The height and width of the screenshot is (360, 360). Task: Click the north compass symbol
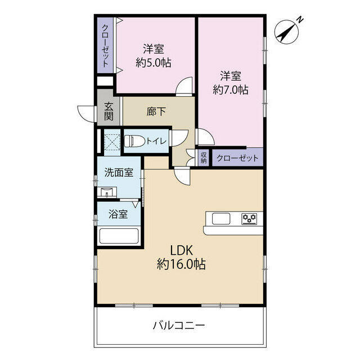tap(287, 31)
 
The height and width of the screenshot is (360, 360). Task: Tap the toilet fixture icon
tap(134, 141)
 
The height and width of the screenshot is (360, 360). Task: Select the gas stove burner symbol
tap(249, 218)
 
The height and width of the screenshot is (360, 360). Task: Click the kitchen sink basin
tap(221, 218)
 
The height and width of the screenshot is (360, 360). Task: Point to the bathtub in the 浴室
tap(119, 236)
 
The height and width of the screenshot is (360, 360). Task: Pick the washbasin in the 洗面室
tap(107, 192)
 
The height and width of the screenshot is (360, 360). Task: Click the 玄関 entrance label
tap(109, 111)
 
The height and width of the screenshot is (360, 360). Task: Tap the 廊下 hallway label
tap(156, 111)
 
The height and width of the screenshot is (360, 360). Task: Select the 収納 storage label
tap(204, 157)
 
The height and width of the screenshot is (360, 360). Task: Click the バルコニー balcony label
tap(179, 326)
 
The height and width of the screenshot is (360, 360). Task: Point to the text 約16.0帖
tap(181, 264)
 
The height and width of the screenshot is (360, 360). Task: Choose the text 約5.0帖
tap(154, 62)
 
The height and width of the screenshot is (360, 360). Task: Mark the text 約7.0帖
tap(231, 89)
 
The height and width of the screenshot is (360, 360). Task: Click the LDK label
tap(181, 250)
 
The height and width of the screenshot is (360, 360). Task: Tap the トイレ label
tap(156, 141)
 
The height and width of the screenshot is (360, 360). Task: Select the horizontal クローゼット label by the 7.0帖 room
tap(237, 158)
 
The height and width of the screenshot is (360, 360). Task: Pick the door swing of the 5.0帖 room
tap(184, 86)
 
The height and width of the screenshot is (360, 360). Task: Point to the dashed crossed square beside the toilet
tap(112, 142)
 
